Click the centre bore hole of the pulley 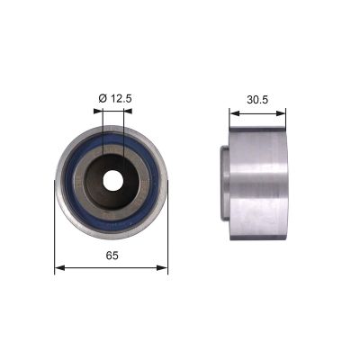pos(112,180)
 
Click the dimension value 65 pos(111,256)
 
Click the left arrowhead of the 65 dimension pos(59,267)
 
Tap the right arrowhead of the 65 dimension pos(165,267)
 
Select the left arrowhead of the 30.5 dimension pos(230,113)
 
